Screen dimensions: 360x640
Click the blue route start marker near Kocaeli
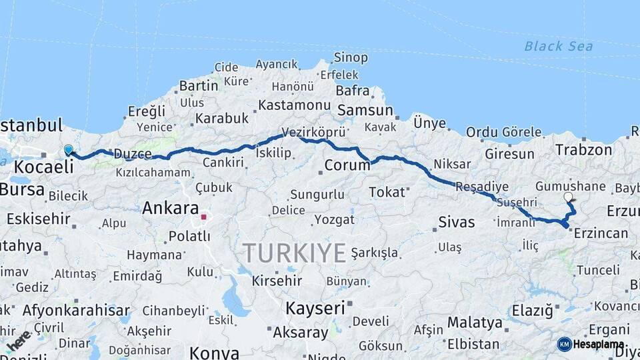click(x=68, y=149)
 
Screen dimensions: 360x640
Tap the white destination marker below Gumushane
click(x=568, y=197)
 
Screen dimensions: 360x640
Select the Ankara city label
click(x=171, y=207)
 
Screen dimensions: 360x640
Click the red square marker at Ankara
click(x=203, y=217)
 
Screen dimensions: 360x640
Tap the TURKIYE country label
click(x=294, y=253)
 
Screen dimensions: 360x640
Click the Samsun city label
click(x=365, y=111)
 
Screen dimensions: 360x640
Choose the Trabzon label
click(x=583, y=150)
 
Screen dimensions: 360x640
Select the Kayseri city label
click(x=315, y=308)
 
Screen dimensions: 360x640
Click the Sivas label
click(x=457, y=222)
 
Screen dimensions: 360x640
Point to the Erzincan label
click(x=601, y=233)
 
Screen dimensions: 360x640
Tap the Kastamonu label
click(x=294, y=105)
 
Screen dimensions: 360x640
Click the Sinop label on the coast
click(x=351, y=57)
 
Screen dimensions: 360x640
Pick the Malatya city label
click(x=475, y=323)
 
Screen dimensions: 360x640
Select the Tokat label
click(x=387, y=192)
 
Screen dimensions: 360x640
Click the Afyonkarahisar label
click(x=76, y=310)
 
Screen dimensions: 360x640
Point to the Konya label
click(x=213, y=352)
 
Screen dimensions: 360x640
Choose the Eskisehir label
click(x=39, y=217)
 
